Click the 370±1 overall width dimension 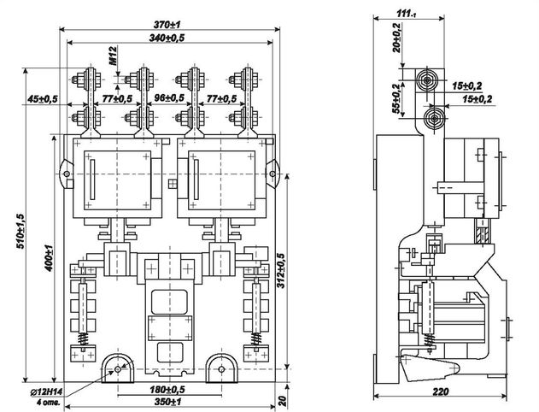[x=167, y=25]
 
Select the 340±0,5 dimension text [x=167, y=38]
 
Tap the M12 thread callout [x=114, y=56]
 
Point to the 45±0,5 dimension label [x=42, y=99]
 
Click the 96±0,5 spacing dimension [x=169, y=98]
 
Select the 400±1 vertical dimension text [x=50, y=258]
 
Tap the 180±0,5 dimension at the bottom [x=167, y=390]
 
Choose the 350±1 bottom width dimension [x=167, y=402]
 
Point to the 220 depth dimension [x=441, y=391]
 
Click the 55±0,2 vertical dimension [x=396, y=98]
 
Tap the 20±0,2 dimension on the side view [x=396, y=38]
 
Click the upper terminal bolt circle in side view [x=426, y=80]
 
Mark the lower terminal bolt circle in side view [x=435, y=119]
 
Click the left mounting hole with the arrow [x=118, y=369]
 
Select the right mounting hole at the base [x=221, y=369]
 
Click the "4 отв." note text [x=48, y=403]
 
